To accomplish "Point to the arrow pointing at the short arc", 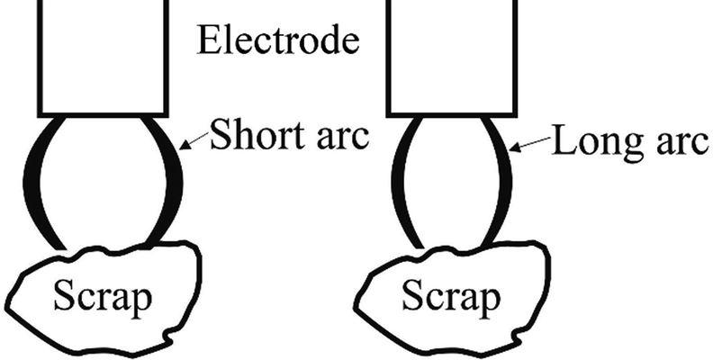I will [194, 141].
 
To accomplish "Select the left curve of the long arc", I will [398, 180].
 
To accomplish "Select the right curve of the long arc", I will [503, 180].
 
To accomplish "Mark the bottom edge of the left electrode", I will [102, 115].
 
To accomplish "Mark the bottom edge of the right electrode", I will [450, 115].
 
